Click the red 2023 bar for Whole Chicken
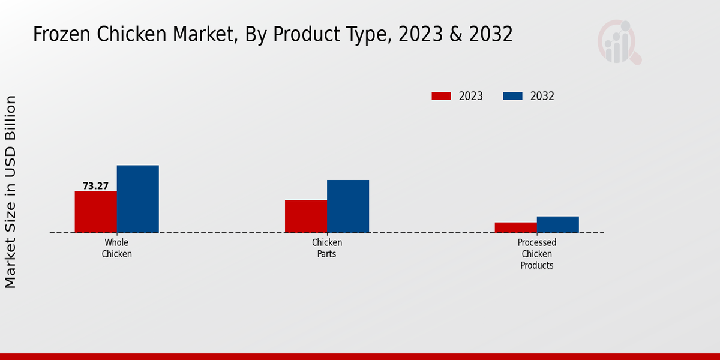pyautogui.click(x=96, y=212)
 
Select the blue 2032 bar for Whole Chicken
pyautogui.click(x=138, y=199)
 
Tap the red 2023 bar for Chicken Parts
pyautogui.click(x=306, y=216)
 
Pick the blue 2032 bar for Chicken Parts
pyautogui.click(x=348, y=206)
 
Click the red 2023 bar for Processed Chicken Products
pyautogui.click(x=516, y=227)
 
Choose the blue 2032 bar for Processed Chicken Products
pyautogui.click(x=558, y=224)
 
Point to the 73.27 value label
pyautogui.click(x=95, y=186)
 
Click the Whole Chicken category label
pyautogui.click(x=116, y=248)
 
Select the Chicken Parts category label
pyautogui.click(x=327, y=248)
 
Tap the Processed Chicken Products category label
pyautogui.click(x=537, y=254)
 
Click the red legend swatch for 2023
pyautogui.click(x=441, y=96)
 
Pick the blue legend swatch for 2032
pyautogui.click(x=512, y=96)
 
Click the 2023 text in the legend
pyautogui.click(x=471, y=96)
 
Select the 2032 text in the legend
pyautogui.click(x=542, y=96)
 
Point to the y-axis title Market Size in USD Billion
pyautogui.click(x=11, y=192)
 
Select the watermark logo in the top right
pyautogui.click(x=619, y=42)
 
